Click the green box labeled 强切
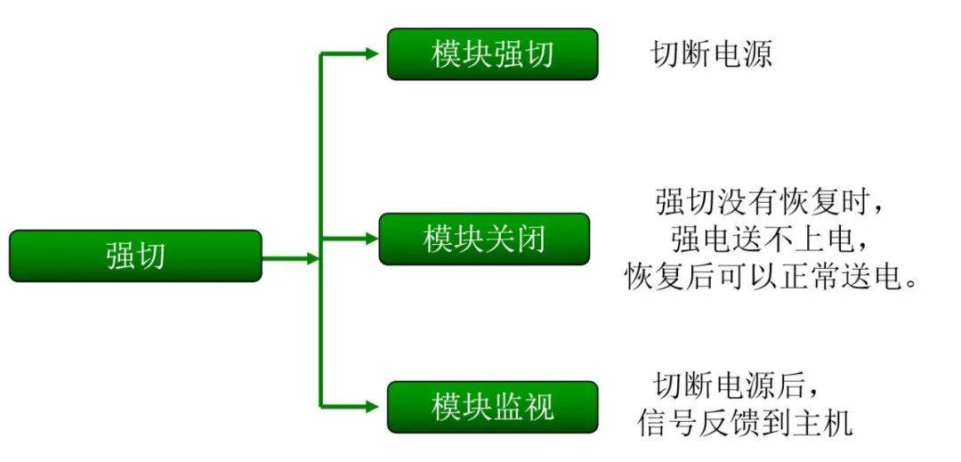135,256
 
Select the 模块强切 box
492,54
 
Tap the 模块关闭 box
484,239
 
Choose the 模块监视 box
492,407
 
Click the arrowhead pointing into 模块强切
372,54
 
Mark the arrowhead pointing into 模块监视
372,407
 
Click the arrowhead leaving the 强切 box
311,258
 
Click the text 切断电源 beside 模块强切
711,54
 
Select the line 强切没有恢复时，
771,202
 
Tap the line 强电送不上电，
770,239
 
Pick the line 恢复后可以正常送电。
771,277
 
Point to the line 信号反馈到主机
745,423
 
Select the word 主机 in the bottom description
830,423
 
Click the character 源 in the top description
756,54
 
